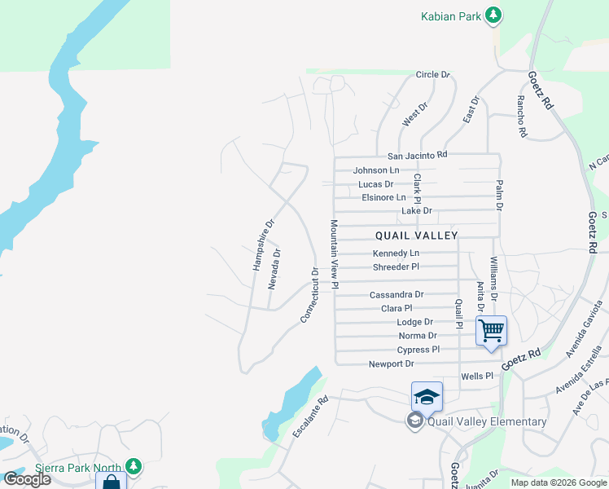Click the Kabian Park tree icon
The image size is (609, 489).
(493, 15)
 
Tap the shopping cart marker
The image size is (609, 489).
(491, 331)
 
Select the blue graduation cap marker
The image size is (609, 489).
(427, 397)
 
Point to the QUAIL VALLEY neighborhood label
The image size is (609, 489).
(417, 235)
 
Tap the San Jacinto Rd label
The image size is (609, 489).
(417, 155)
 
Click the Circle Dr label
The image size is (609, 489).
(432, 75)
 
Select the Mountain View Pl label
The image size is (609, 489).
(334, 253)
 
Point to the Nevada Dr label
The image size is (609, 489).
(277, 269)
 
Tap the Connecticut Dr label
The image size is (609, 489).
(309, 294)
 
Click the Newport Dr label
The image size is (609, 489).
(391, 364)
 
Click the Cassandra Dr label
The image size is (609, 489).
(397, 294)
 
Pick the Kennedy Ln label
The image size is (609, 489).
(396, 253)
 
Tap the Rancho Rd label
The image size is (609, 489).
(522, 116)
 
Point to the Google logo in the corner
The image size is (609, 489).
(27, 479)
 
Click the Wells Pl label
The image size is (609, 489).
(477, 377)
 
